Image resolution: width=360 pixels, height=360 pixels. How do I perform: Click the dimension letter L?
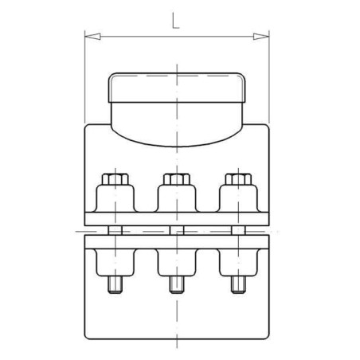pos(175,21)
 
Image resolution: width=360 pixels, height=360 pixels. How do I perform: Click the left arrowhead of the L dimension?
pos(92,37)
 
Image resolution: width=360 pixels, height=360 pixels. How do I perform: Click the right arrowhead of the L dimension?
pos(261,37)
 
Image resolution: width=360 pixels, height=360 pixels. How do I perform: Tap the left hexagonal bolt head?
pos(115,179)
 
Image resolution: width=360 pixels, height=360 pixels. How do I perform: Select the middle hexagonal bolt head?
pos(177,179)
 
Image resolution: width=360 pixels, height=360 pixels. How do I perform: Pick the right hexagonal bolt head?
pos(238,179)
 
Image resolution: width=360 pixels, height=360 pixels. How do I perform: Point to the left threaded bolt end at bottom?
pos(115,284)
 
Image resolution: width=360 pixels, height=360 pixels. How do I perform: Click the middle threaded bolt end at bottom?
pos(177,284)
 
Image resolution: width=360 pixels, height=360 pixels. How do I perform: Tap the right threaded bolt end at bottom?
pos(238,284)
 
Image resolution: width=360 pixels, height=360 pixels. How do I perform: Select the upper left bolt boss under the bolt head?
pos(115,198)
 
